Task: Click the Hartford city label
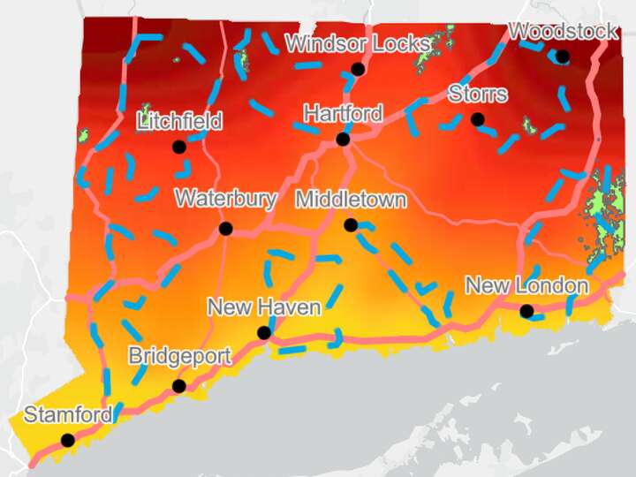coord(343,114)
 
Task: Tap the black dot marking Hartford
coord(343,139)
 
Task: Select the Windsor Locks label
coord(358,43)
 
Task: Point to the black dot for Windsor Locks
coord(358,68)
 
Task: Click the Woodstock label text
coord(563,32)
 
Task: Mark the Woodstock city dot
coord(562,57)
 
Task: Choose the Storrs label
coord(478,94)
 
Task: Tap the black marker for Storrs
coord(478,118)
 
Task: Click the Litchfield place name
coord(178,122)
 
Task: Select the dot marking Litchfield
coord(178,147)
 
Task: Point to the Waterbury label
coord(225,199)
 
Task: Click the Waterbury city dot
coord(225,228)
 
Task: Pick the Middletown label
coord(351,200)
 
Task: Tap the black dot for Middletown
coord(351,225)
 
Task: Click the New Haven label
coord(263,307)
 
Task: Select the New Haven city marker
coord(263,332)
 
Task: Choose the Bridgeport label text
coord(179,357)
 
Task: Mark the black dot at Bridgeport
coord(179,385)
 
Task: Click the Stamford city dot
coord(67,440)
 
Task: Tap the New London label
coord(526,286)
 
